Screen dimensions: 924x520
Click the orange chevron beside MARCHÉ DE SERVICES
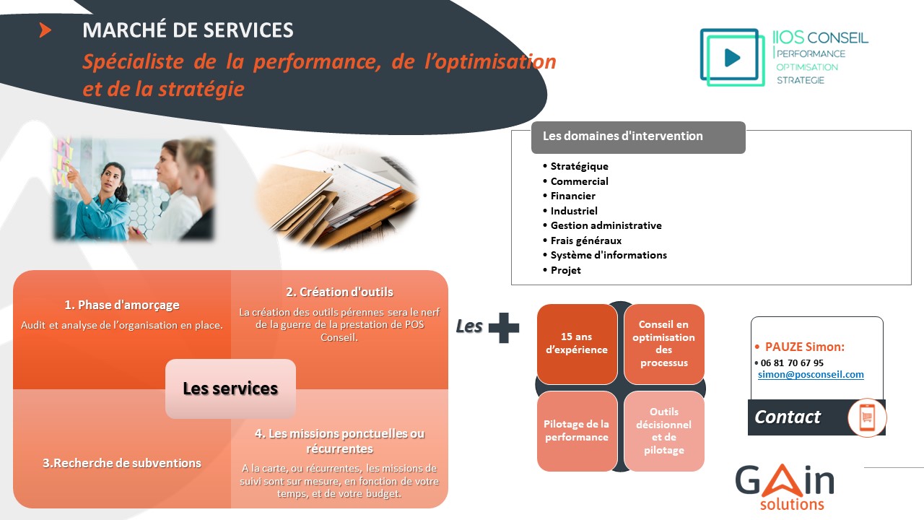[x=45, y=30]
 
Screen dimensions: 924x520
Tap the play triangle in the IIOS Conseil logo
[x=732, y=57]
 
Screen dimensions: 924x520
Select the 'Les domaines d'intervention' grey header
[x=638, y=137]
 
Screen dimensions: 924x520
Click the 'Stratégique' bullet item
[x=579, y=166]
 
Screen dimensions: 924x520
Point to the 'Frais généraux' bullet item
[x=585, y=240]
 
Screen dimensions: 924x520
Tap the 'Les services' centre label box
[x=230, y=389]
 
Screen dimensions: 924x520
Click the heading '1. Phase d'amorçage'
[x=122, y=305]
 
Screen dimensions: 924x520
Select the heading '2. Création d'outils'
[x=339, y=292]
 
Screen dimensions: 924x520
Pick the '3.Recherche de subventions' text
[x=122, y=463]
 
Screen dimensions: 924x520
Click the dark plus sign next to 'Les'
[x=504, y=328]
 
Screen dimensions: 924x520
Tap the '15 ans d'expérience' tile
[x=577, y=344]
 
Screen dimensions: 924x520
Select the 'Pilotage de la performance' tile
[x=577, y=431]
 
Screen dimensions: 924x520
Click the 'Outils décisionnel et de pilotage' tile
[x=664, y=431]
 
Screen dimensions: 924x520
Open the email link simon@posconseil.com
[x=811, y=375]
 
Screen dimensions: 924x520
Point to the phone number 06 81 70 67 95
[x=792, y=363]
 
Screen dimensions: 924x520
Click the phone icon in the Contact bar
[x=867, y=417]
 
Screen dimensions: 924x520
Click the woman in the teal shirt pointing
[x=103, y=202]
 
